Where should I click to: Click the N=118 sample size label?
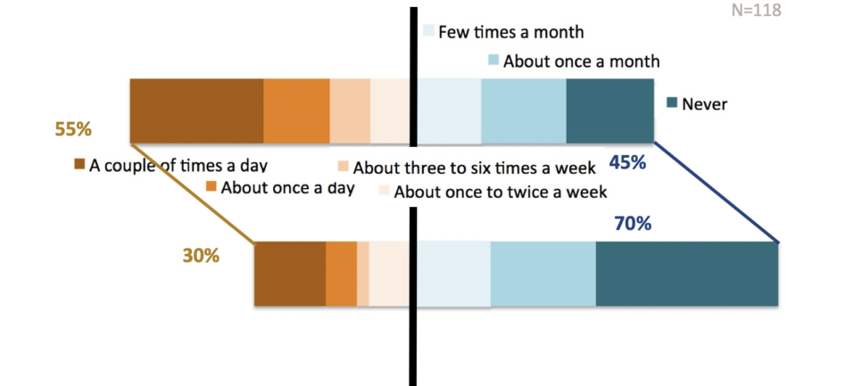(756, 10)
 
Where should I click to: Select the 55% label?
(73, 130)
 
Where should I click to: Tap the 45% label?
(627, 161)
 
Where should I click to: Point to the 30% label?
(201, 256)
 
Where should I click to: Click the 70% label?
(633, 223)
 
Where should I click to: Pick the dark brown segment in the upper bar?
(196, 111)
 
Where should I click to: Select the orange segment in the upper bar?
(296, 111)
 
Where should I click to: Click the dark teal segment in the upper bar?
(610, 111)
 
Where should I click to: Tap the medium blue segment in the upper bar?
(524, 111)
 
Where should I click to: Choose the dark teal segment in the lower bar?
(687, 274)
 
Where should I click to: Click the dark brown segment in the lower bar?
(290, 274)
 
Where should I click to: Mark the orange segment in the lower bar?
(342, 274)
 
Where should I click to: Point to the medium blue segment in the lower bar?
(543, 274)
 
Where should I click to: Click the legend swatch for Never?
(672, 103)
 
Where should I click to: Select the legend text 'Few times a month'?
(511, 32)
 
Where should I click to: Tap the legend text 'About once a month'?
(582, 61)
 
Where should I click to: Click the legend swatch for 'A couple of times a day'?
(79, 164)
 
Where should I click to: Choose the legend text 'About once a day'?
(288, 187)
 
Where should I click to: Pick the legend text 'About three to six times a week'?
(474, 168)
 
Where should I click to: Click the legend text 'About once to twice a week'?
(501, 192)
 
